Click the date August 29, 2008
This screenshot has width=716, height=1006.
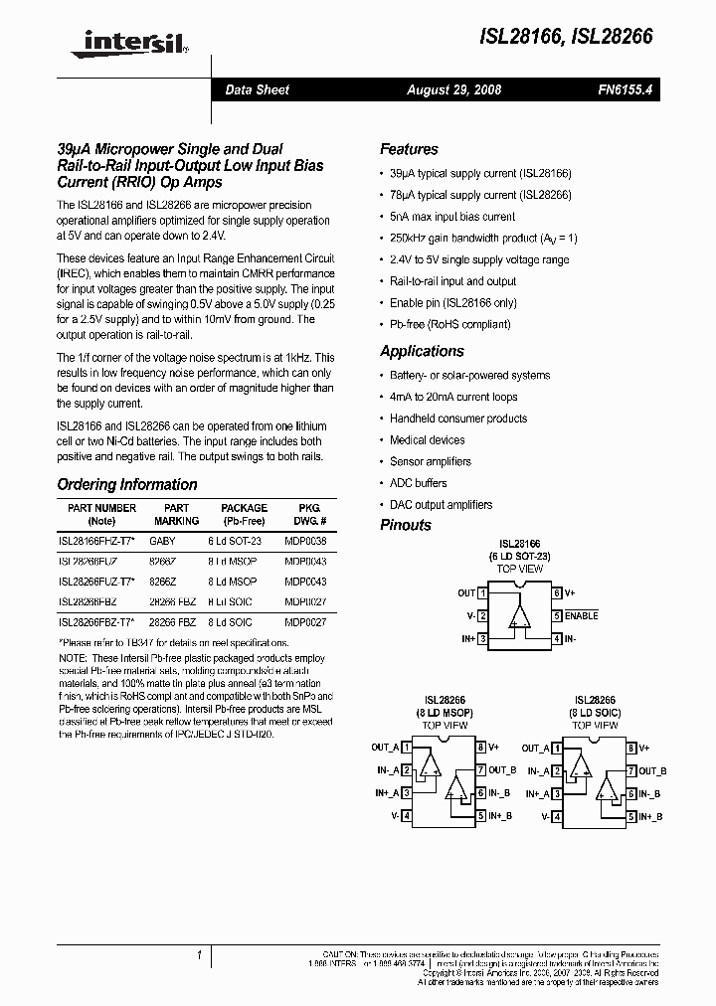click(453, 89)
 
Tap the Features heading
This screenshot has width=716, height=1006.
click(409, 149)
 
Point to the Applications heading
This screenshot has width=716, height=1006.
click(422, 351)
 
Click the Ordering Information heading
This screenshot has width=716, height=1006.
click(127, 485)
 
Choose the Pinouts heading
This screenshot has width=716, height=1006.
click(406, 525)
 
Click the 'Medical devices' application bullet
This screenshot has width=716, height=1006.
click(427, 439)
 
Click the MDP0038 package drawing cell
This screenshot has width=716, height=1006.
click(304, 542)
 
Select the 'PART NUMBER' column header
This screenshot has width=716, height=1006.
click(101, 508)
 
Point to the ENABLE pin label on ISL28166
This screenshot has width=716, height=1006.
click(582, 616)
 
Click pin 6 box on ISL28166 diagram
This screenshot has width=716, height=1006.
click(558, 593)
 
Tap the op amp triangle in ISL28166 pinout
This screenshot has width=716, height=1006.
click(519, 616)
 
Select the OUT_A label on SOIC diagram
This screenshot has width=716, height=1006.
click(536, 748)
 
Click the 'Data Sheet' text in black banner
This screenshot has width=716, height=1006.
click(258, 89)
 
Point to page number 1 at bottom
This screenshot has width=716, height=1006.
click(200, 956)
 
